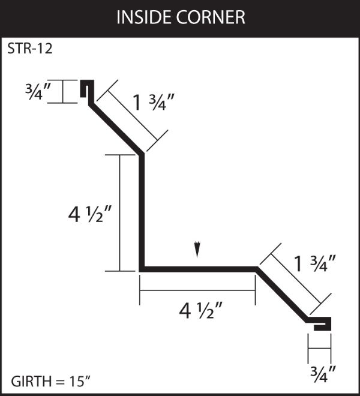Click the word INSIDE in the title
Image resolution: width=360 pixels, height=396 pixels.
click(x=144, y=17)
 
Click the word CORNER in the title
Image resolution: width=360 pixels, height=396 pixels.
click(x=211, y=17)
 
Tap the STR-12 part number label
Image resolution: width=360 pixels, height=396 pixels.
click(x=30, y=48)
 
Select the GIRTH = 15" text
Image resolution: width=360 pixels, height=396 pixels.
click(x=51, y=382)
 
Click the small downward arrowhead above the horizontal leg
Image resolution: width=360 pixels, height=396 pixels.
click(x=197, y=250)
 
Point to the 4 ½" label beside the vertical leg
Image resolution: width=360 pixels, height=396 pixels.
click(x=89, y=214)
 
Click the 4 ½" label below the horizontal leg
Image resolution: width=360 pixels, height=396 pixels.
click(x=200, y=310)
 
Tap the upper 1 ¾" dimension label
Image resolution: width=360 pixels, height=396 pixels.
click(x=154, y=102)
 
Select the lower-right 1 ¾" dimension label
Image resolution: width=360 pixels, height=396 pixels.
click(x=315, y=264)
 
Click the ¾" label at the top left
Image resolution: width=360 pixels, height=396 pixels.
click(x=38, y=91)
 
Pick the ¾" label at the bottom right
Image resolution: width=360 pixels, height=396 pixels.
click(x=323, y=374)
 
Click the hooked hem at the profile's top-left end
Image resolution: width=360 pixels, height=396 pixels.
click(x=87, y=89)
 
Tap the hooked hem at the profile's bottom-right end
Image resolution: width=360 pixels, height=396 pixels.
click(x=321, y=323)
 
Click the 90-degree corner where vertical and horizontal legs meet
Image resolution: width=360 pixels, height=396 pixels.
click(x=142, y=269)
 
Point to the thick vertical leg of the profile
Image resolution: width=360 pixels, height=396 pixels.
click(x=142, y=212)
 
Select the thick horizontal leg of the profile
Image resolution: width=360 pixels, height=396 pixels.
click(x=199, y=269)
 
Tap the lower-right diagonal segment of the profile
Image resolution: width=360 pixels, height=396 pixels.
click(x=282, y=295)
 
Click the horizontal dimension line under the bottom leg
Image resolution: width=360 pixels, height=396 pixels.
click(x=197, y=290)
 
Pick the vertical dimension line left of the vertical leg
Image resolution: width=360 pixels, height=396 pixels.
click(x=120, y=213)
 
